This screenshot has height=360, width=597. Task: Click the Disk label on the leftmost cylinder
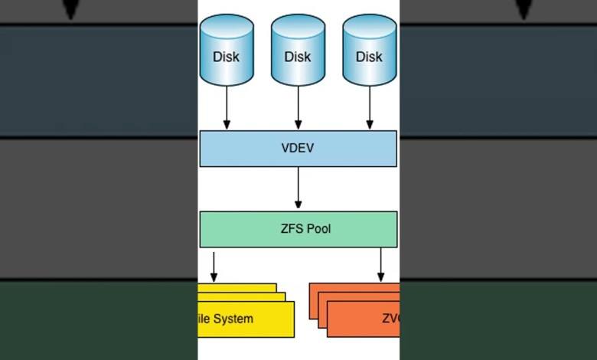(226, 57)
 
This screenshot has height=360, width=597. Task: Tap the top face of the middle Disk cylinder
(298, 25)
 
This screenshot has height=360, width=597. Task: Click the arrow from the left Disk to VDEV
(227, 107)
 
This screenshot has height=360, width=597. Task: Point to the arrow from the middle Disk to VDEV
(298, 107)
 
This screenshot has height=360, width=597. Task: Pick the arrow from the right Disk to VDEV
(370, 107)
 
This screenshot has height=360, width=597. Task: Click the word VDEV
(298, 149)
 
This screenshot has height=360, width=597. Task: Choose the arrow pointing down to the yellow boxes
(214, 266)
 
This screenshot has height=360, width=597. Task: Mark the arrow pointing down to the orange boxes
(380, 266)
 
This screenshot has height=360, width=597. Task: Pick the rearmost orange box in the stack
(352, 287)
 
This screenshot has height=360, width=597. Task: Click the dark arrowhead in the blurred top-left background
(71, 9)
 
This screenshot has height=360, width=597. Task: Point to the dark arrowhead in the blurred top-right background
(524, 9)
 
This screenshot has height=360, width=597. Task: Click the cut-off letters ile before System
(204, 319)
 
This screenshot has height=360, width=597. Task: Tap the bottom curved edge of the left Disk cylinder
(227, 83)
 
